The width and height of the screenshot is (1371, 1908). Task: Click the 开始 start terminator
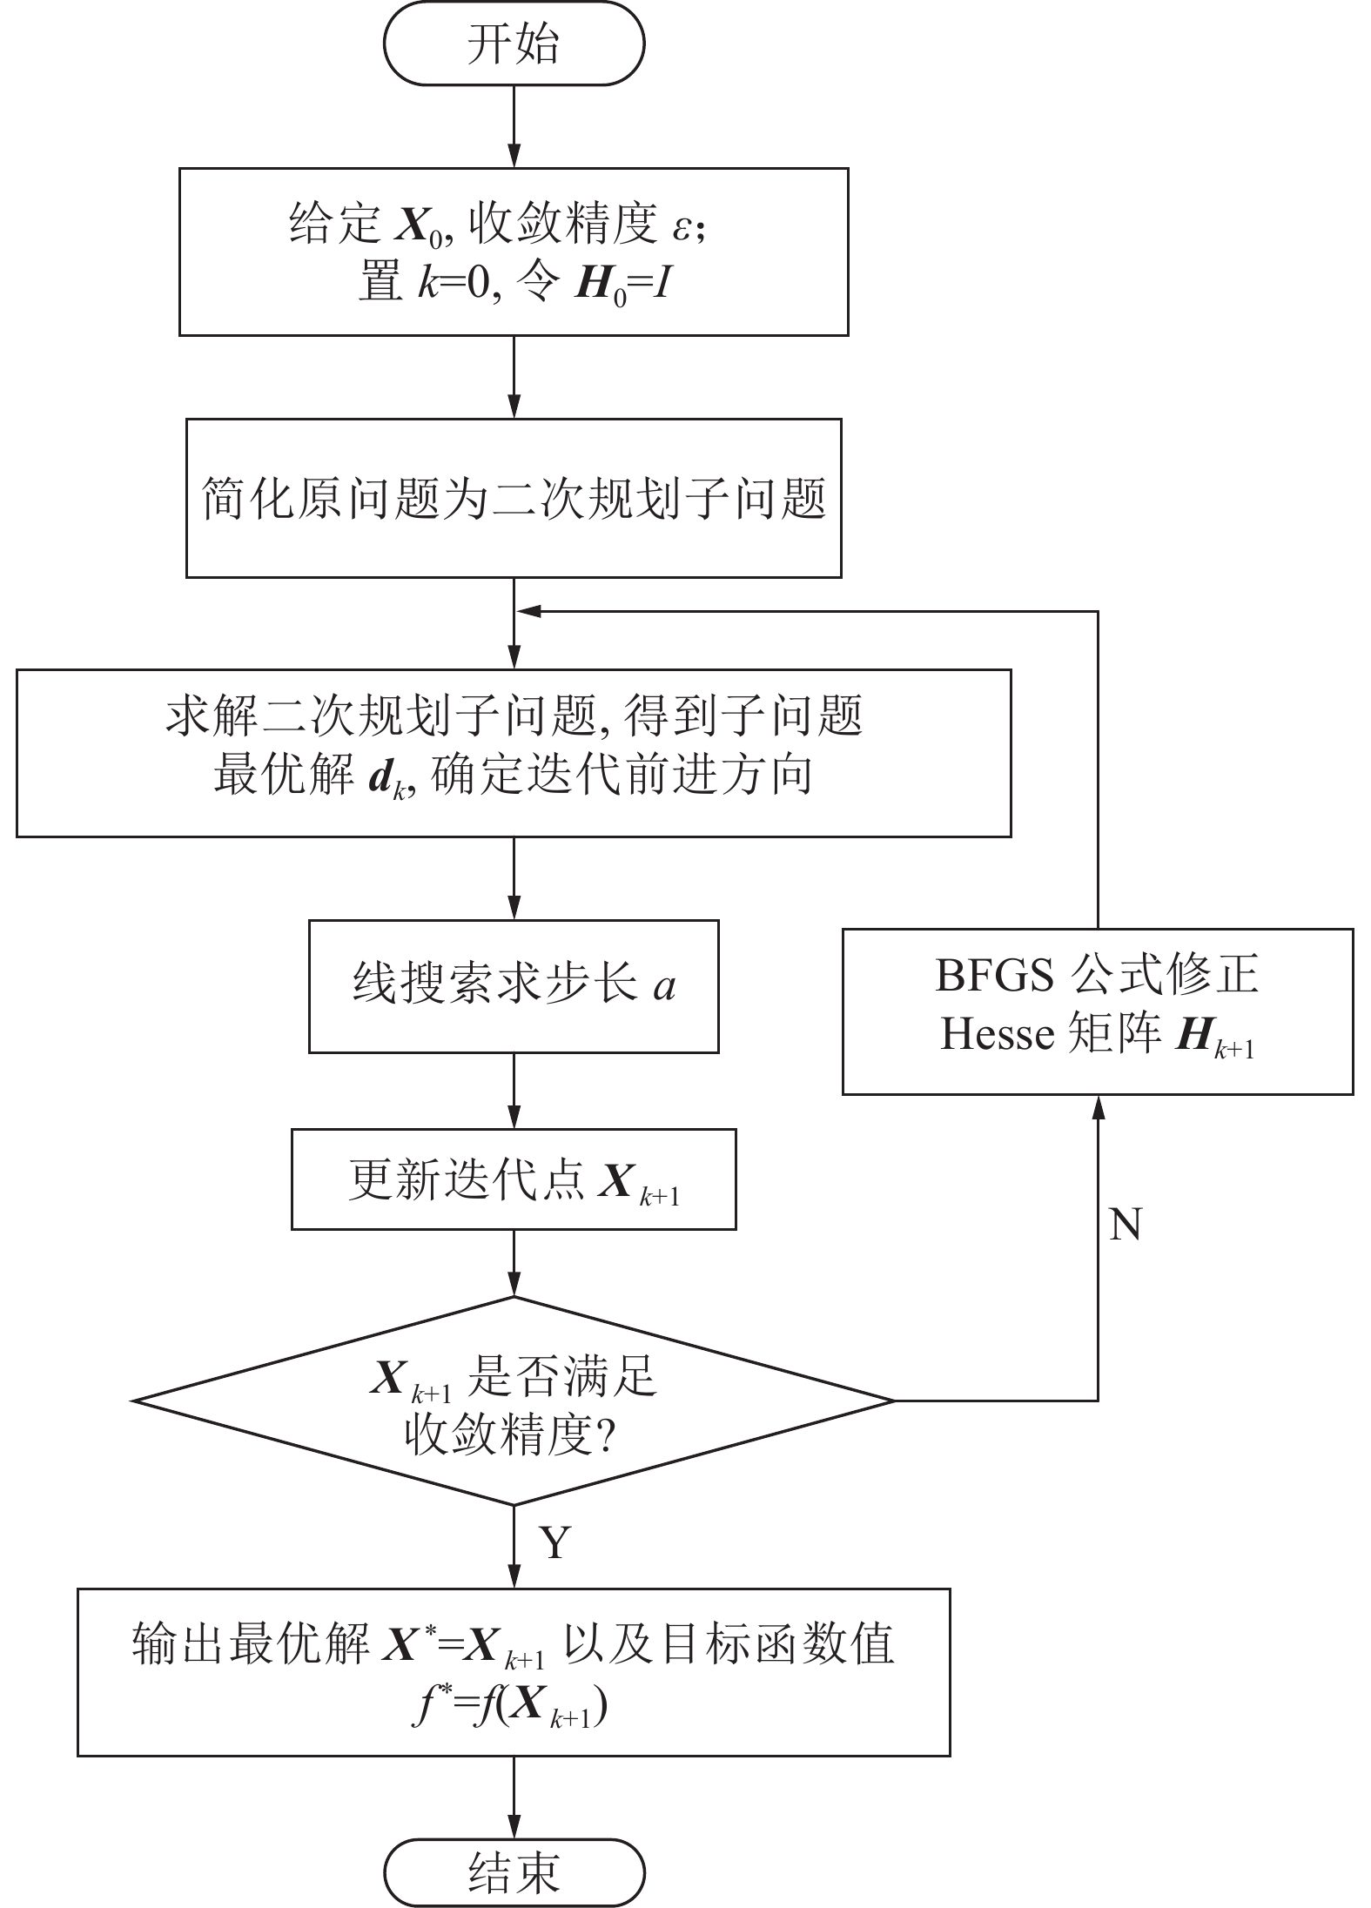(514, 44)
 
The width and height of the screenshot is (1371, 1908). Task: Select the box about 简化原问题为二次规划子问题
(514, 498)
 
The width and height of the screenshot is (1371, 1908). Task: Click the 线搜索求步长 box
(514, 986)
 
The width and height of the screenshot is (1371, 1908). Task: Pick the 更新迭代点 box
(514, 1180)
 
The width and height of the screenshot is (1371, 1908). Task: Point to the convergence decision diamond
(514, 1401)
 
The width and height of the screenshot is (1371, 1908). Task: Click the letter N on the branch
(1126, 1225)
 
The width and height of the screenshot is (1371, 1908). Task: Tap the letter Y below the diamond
(554, 1543)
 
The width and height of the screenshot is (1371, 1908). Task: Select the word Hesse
(998, 1035)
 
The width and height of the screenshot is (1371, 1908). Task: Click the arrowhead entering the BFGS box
(1098, 1105)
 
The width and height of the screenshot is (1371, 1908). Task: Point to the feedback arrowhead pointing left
(528, 612)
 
